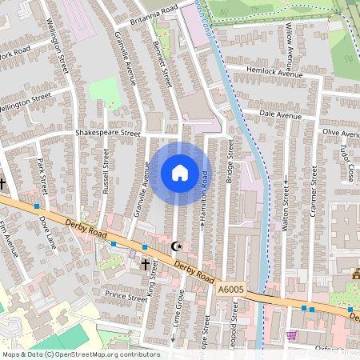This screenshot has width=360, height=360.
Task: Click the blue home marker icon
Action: [x=180, y=173]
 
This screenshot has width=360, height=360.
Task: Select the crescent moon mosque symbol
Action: [x=176, y=246]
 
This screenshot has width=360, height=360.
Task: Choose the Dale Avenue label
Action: [x=280, y=115]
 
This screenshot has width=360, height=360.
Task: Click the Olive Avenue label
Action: [x=342, y=130]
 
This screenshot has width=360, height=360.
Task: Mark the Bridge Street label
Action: [x=229, y=163]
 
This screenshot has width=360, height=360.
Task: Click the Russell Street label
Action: [x=105, y=170]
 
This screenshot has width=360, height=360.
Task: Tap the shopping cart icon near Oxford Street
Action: [x=291, y=334]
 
